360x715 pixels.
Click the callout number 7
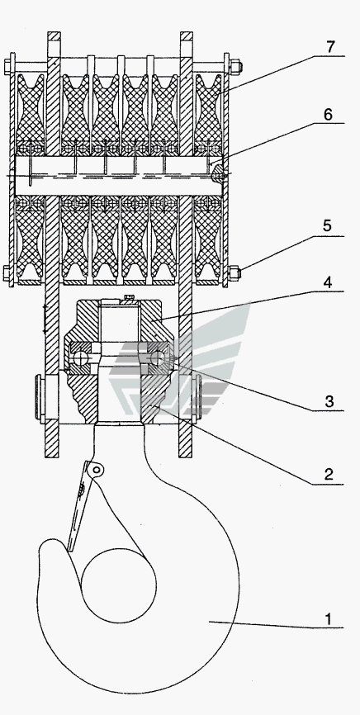pos(330,46)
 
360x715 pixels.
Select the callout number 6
pos(328,115)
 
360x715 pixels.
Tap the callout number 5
pos(327,226)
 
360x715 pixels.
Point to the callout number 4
pos(327,282)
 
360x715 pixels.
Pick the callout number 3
pos(329,402)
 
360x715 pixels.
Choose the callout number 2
pos(329,474)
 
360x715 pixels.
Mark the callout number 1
pos(329,619)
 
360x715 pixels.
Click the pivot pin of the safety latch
pos(97,469)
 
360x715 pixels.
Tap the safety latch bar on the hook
pos(78,506)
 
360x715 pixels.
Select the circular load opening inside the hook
pos(119,585)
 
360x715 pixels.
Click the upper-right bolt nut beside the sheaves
pos(236,67)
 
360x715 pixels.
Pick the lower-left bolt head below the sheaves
pos(7,273)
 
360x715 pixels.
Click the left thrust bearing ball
pos(81,358)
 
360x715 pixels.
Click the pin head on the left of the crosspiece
pos(39,395)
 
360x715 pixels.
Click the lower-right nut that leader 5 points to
pos(236,273)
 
